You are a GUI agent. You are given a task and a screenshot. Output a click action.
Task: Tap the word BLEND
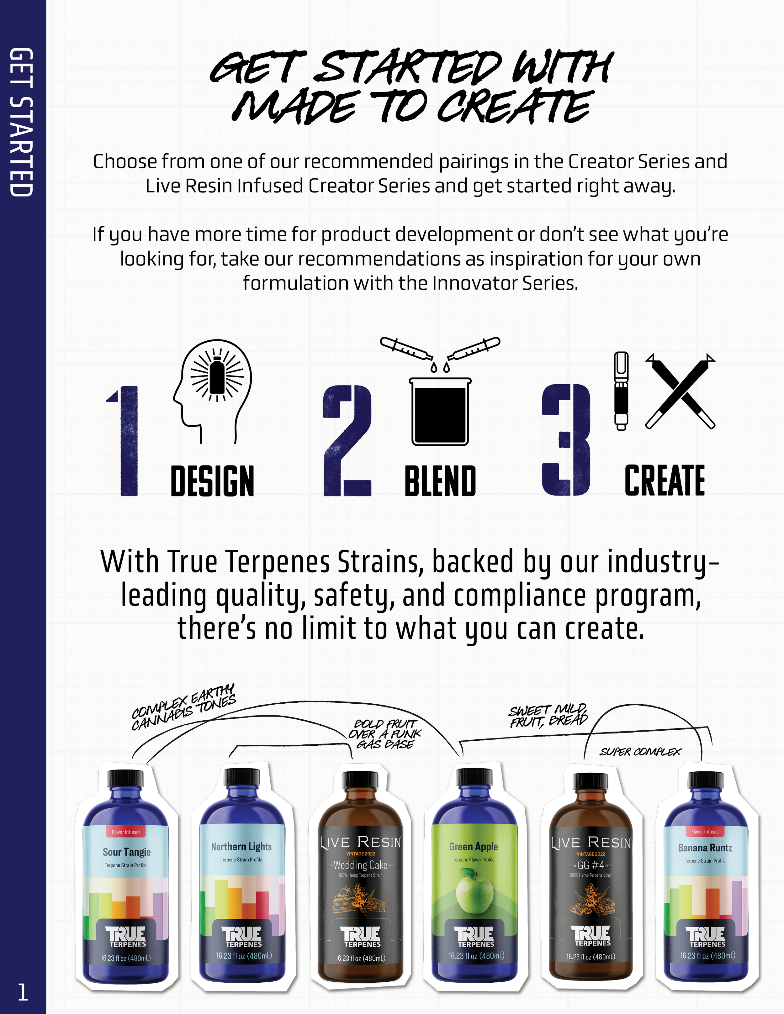[x=440, y=481]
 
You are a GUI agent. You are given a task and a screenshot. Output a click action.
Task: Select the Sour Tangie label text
[x=127, y=852]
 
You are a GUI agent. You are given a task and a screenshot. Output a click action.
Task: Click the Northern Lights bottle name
[x=241, y=846]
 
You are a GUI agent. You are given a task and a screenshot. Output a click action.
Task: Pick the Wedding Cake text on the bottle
[x=360, y=865]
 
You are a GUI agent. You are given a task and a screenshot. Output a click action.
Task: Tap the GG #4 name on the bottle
[x=591, y=865]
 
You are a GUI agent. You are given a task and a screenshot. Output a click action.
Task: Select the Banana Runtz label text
[x=705, y=848]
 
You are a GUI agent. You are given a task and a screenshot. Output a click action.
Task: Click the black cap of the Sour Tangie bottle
[x=125, y=777]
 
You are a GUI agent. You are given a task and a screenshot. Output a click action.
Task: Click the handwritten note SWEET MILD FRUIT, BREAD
[x=548, y=716]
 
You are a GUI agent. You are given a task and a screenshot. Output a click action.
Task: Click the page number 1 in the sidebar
[x=22, y=992]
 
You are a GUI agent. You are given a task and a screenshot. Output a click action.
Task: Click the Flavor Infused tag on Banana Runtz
[x=705, y=832]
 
